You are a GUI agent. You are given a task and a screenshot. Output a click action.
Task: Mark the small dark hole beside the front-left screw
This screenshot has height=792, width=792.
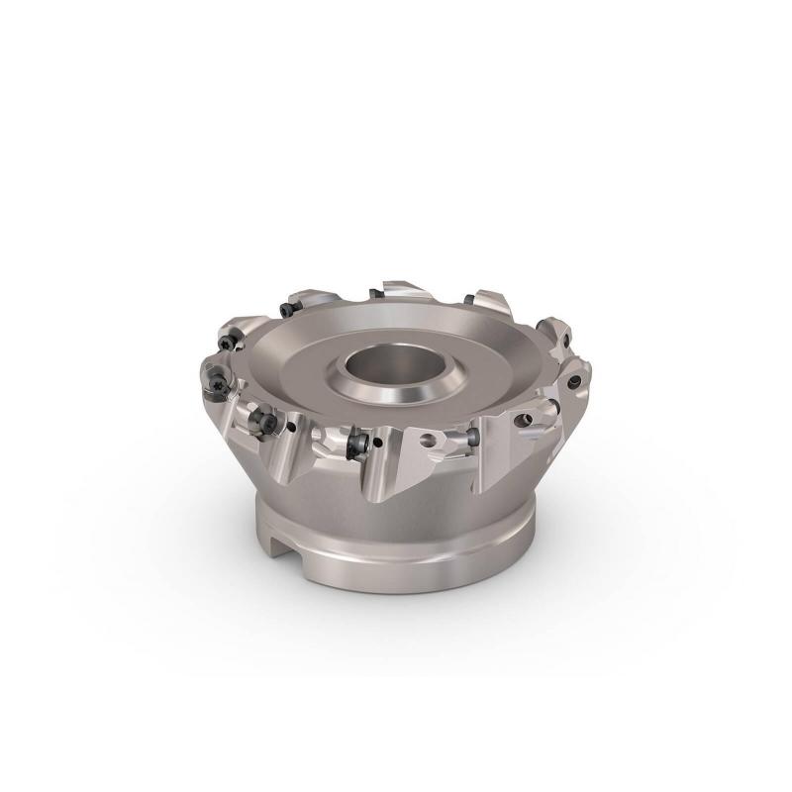(x=291, y=427)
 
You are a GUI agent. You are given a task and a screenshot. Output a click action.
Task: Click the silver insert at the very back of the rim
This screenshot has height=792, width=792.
(x=401, y=289)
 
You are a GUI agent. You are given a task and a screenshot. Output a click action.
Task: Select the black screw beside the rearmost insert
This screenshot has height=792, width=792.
(x=375, y=292)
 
